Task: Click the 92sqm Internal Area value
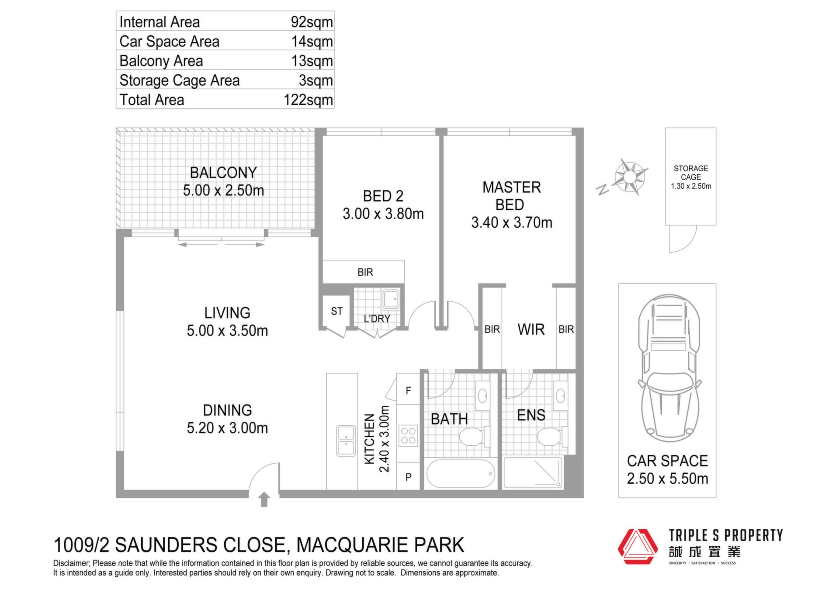[x=312, y=22]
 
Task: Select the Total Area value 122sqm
[x=308, y=100]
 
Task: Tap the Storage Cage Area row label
[x=180, y=80]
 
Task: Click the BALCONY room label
[x=223, y=173]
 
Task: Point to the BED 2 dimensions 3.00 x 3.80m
[x=383, y=214]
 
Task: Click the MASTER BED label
[x=512, y=196]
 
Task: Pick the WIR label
[x=531, y=329]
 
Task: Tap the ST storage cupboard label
[x=336, y=311]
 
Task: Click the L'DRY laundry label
[x=377, y=319]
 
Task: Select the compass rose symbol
[x=630, y=177]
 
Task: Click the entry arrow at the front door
[x=264, y=499]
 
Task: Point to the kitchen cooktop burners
[x=408, y=436]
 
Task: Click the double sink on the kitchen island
[x=346, y=440]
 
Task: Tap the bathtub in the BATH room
[x=461, y=474]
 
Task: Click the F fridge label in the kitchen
[x=408, y=391]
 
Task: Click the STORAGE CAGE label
[x=691, y=173]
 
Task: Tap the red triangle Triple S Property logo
[x=638, y=547]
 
